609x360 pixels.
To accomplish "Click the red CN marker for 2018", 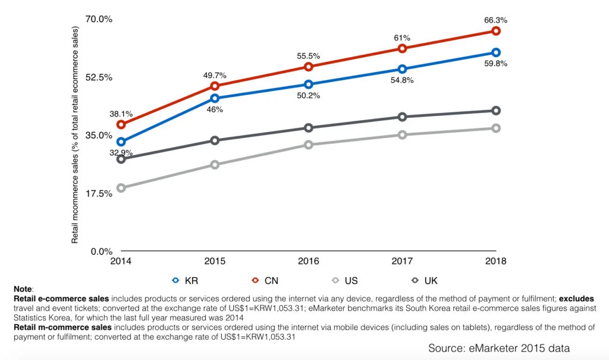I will click(x=496, y=31).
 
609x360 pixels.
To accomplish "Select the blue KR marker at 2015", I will click(x=215, y=98).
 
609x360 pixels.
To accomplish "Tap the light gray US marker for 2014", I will click(x=121, y=188).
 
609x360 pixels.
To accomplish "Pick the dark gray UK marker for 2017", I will click(x=403, y=117).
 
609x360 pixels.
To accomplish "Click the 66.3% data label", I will click(x=496, y=20).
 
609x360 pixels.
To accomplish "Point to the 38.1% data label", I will click(x=121, y=114).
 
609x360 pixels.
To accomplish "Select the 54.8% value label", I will click(x=403, y=80).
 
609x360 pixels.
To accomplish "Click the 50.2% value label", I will click(x=309, y=95).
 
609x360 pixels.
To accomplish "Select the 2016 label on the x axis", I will click(x=309, y=261).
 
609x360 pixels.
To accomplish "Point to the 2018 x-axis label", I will click(x=496, y=261).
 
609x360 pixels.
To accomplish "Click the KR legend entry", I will click(x=184, y=280).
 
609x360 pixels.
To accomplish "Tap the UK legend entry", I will click(x=423, y=280).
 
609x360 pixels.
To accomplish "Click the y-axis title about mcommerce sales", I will click(x=76, y=135).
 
